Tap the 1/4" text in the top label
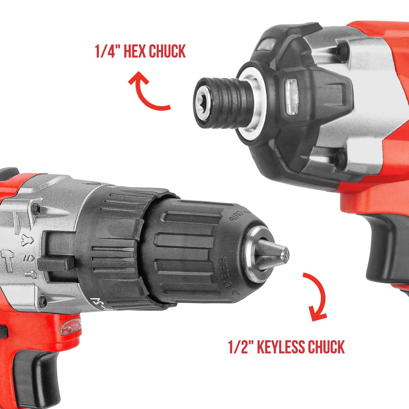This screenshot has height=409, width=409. pos(107,52)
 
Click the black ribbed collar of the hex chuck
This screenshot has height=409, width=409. pos(232,103)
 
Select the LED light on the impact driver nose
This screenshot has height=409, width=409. pos(291,96)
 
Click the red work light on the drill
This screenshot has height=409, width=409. pos(70,327)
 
